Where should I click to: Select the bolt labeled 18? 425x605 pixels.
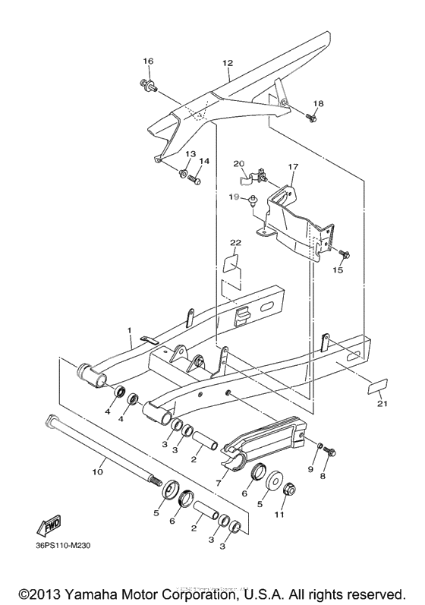[312, 118]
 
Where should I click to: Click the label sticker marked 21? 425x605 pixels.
[377, 386]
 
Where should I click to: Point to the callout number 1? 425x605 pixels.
[129, 331]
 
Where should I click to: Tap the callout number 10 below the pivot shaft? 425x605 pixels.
[97, 471]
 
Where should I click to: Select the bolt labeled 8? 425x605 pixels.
[329, 452]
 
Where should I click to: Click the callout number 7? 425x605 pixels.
[221, 482]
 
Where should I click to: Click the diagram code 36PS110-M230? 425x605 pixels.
[67, 552]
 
